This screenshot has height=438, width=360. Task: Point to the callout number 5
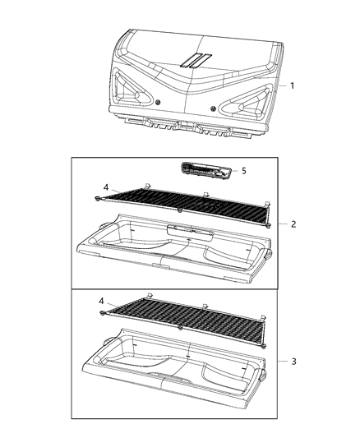coord(242,172)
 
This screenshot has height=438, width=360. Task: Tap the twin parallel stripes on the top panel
coord(196,59)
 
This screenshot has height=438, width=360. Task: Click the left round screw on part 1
coord(156,104)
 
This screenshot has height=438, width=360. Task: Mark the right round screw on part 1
coord(215,108)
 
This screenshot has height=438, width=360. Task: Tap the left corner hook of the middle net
coord(98,199)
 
